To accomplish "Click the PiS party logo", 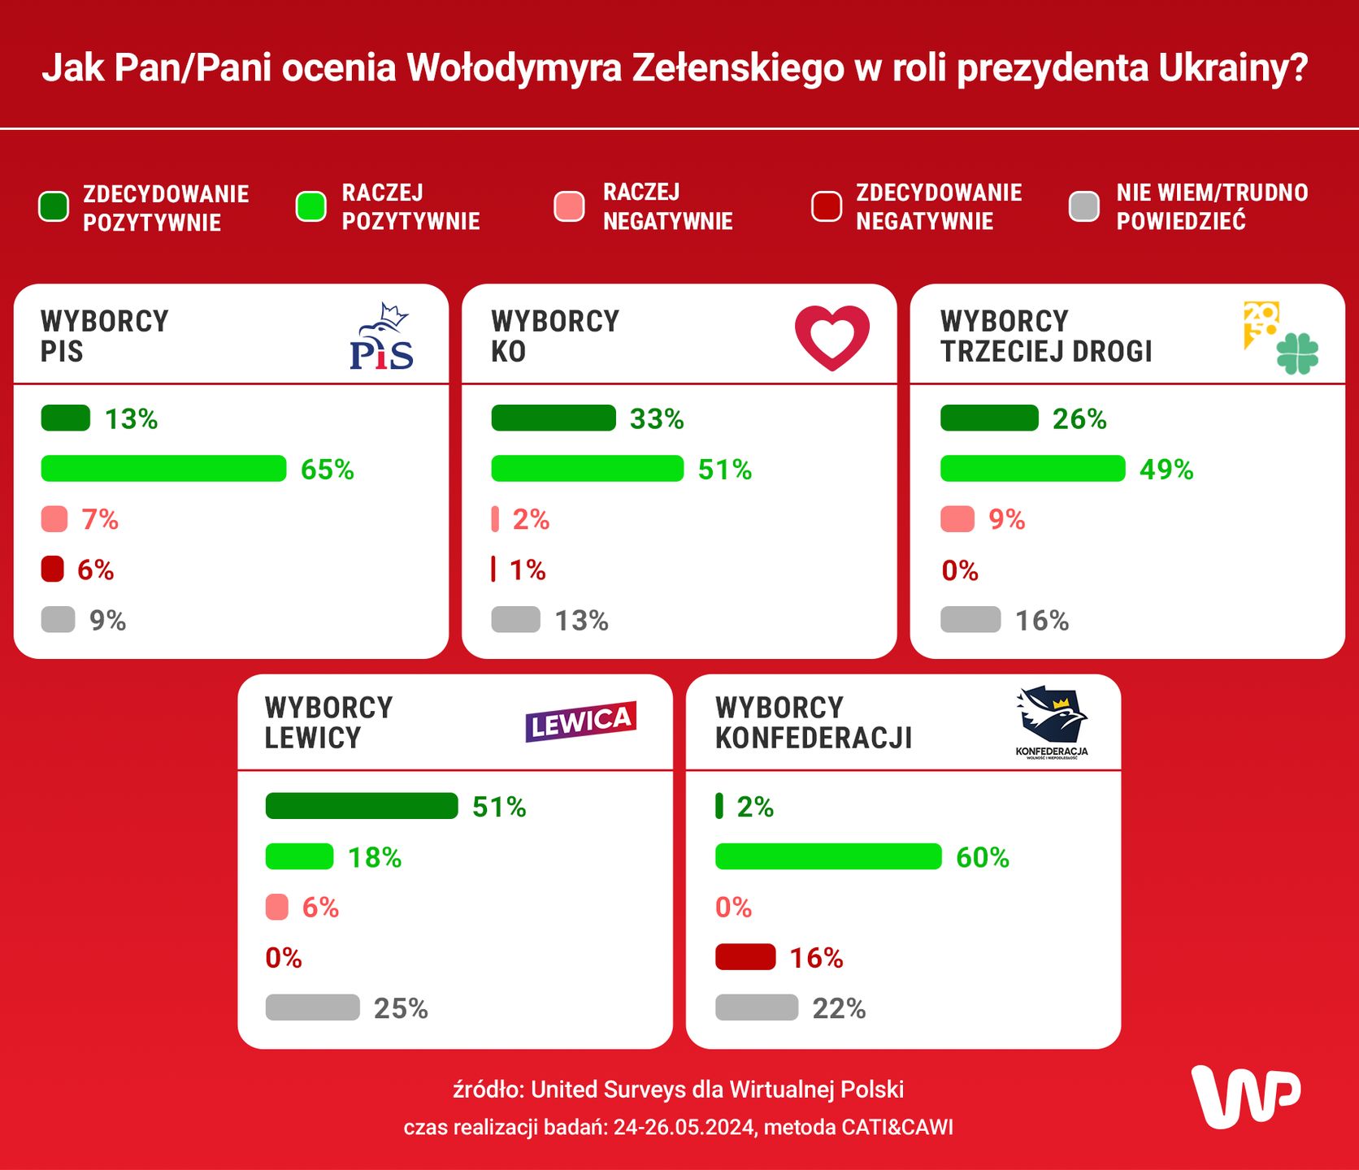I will point(381,338).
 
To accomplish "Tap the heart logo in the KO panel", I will point(831,337).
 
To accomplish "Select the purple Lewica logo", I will point(580,721).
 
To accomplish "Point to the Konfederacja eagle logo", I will point(1052,720).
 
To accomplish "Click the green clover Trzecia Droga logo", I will point(1297,353).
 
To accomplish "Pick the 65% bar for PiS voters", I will point(163,469).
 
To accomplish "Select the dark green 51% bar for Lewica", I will point(362,806).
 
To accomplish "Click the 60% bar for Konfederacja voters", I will point(828,856).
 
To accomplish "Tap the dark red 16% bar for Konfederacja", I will point(745,957).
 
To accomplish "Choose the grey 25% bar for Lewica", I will point(312,1007).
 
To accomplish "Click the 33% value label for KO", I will point(657,419).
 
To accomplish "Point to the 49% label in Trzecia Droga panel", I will point(1166,470).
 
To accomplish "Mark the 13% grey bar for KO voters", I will point(515,619).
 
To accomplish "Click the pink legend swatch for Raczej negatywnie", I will point(569,206).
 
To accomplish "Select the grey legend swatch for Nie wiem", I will point(1083,206).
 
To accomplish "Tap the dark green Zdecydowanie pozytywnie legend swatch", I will point(54,206).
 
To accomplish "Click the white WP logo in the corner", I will point(1245,1097).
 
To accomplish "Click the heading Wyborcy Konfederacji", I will point(813,722).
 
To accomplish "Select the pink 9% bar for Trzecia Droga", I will point(957,519).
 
